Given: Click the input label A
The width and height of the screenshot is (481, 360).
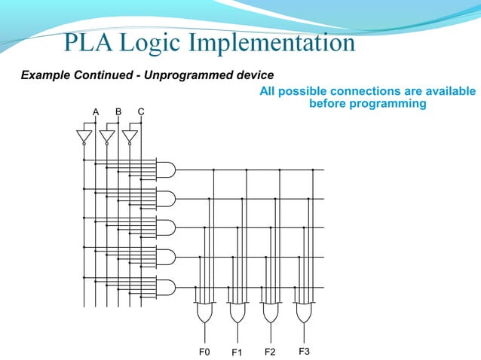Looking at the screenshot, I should (x=96, y=112).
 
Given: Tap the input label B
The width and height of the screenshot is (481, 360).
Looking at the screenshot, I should (x=118, y=111).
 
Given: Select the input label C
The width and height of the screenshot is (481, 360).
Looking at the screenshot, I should (x=141, y=111).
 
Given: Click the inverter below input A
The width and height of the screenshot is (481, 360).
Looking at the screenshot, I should (x=84, y=136).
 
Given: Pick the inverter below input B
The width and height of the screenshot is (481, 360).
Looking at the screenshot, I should (x=107, y=136).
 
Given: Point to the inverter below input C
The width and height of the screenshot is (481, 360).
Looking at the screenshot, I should (x=130, y=136).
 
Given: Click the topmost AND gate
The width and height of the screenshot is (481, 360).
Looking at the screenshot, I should (x=164, y=169).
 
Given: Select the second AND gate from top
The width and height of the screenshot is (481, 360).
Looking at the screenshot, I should (x=164, y=199).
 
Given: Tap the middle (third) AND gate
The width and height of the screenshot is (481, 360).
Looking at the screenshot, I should (x=164, y=228).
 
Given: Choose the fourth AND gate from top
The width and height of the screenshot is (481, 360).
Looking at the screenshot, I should (x=164, y=258).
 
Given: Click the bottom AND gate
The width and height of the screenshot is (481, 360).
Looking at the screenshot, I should (x=164, y=287).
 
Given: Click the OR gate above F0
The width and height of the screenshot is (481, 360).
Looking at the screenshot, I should (x=204, y=312).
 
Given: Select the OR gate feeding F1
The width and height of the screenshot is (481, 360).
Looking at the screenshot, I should (x=237, y=312).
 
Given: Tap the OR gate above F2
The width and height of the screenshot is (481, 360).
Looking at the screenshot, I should (x=270, y=312).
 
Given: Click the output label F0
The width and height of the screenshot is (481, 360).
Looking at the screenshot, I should (x=204, y=352).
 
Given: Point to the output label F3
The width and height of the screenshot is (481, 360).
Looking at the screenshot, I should (x=304, y=351).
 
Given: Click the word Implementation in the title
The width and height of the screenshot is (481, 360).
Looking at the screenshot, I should (x=272, y=43).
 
